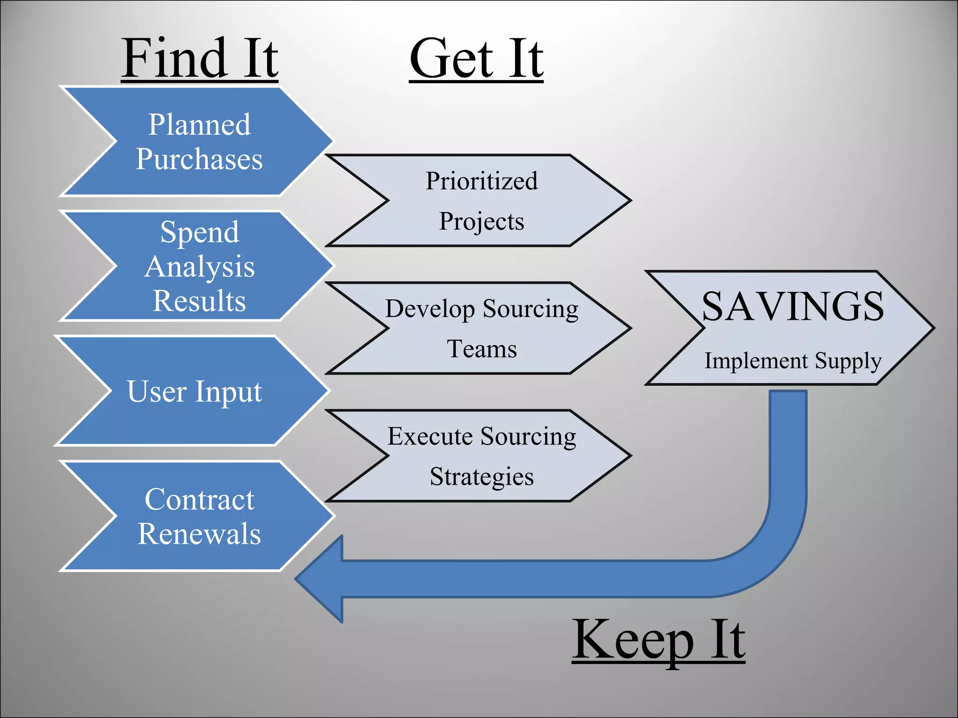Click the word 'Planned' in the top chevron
pos(200,125)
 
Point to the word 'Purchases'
pos(199,159)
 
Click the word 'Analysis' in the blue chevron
pos(200,267)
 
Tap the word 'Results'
pos(199,301)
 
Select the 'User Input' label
pos(194,391)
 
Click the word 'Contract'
pos(199,500)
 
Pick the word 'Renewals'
pos(199,534)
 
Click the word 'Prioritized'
pos(481,181)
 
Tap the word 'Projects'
pos(481,222)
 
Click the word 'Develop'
pos(429,309)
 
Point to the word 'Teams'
pos(482,349)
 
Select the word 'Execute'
pos(430,437)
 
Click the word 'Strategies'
pos(482,477)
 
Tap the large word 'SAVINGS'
pos(793,307)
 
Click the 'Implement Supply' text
pos(793,361)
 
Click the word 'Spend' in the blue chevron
pos(200,232)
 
